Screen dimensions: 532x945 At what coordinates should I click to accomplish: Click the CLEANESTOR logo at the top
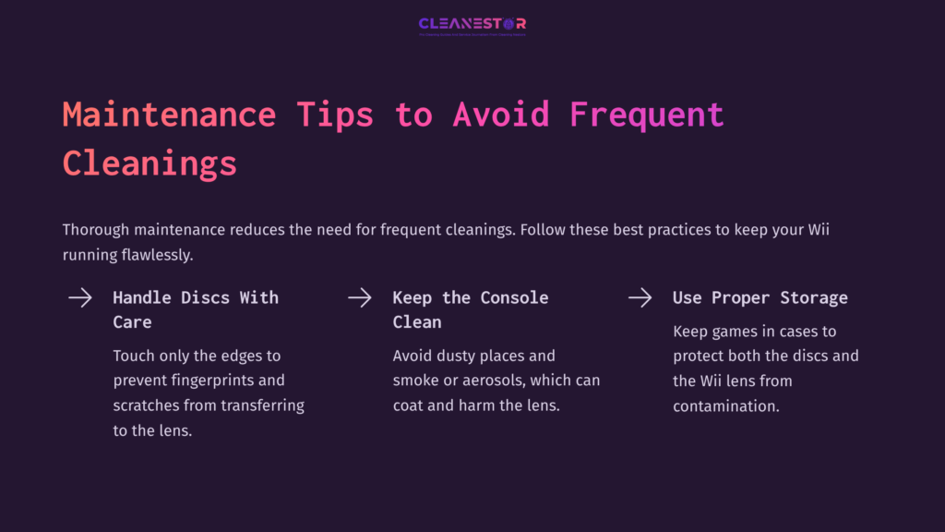click(x=472, y=24)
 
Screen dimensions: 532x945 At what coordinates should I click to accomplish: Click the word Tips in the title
click(x=335, y=115)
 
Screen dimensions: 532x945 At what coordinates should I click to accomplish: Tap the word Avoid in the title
click(x=501, y=115)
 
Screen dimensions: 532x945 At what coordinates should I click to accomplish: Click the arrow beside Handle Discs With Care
click(x=80, y=297)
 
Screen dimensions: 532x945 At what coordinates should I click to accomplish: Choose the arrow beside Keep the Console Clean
click(x=359, y=297)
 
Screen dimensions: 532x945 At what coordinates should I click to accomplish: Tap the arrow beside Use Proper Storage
click(x=640, y=297)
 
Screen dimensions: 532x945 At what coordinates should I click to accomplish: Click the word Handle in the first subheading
click(x=142, y=297)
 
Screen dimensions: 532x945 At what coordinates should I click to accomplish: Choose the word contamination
click(x=725, y=405)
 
